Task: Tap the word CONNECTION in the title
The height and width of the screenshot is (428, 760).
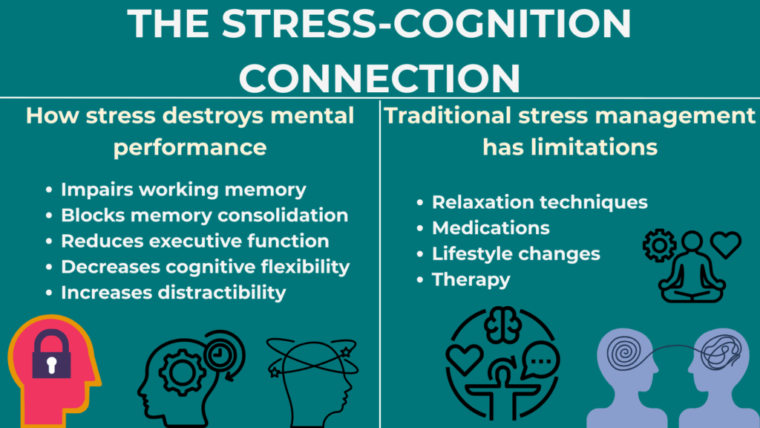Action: pyautogui.click(x=379, y=77)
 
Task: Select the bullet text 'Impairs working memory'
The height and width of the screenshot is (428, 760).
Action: pyautogui.click(x=183, y=189)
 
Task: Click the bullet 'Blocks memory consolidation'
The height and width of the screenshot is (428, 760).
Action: pyautogui.click(x=204, y=215)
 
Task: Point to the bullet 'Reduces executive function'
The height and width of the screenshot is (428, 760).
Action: pyautogui.click(x=194, y=241)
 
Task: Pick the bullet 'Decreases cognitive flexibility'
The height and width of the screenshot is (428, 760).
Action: pyautogui.click(x=205, y=266)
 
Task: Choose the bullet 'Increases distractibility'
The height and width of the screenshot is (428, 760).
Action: pyautogui.click(x=173, y=292)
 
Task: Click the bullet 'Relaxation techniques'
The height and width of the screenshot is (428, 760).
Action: pyautogui.click(x=540, y=202)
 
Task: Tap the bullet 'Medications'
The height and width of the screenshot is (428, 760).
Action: pyautogui.click(x=491, y=227)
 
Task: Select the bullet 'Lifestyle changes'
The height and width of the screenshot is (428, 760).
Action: pyautogui.click(x=516, y=253)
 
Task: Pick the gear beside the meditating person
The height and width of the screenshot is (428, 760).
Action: pyautogui.click(x=658, y=245)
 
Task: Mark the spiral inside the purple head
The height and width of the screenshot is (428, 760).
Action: pyautogui.click(x=625, y=354)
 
